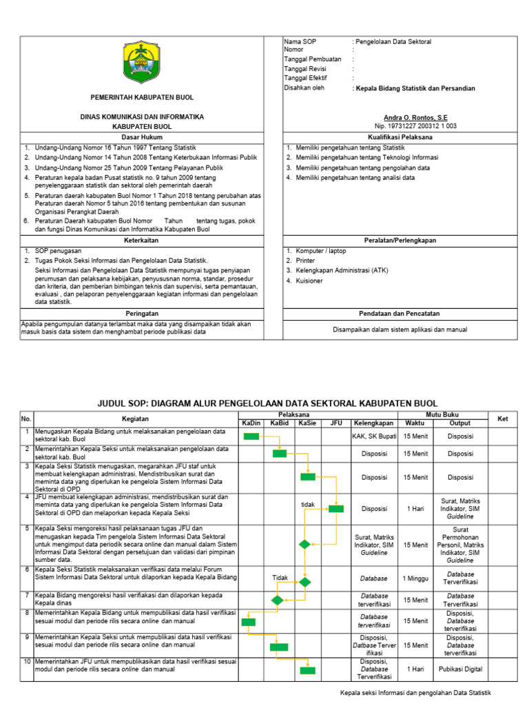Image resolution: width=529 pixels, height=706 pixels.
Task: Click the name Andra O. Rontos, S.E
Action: point(419,118)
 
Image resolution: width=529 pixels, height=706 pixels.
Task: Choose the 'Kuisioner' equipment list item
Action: point(309,281)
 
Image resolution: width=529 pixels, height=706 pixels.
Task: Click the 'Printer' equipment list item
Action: point(305,261)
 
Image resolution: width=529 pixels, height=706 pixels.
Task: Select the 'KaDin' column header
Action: point(251,423)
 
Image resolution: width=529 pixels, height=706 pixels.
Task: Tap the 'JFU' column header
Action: point(335,423)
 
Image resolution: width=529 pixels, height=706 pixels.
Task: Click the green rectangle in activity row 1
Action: point(251,436)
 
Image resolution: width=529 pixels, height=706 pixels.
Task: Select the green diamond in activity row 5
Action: point(304,544)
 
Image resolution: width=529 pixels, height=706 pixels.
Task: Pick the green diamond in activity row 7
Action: point(277,600)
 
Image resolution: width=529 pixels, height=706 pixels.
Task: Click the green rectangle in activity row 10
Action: point(307,670)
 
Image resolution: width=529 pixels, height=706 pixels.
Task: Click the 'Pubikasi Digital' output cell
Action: point(460,669)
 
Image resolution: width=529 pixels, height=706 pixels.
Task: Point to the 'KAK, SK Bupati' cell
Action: point(374,436)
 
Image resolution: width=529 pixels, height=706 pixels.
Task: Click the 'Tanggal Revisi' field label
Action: point(306,69)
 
